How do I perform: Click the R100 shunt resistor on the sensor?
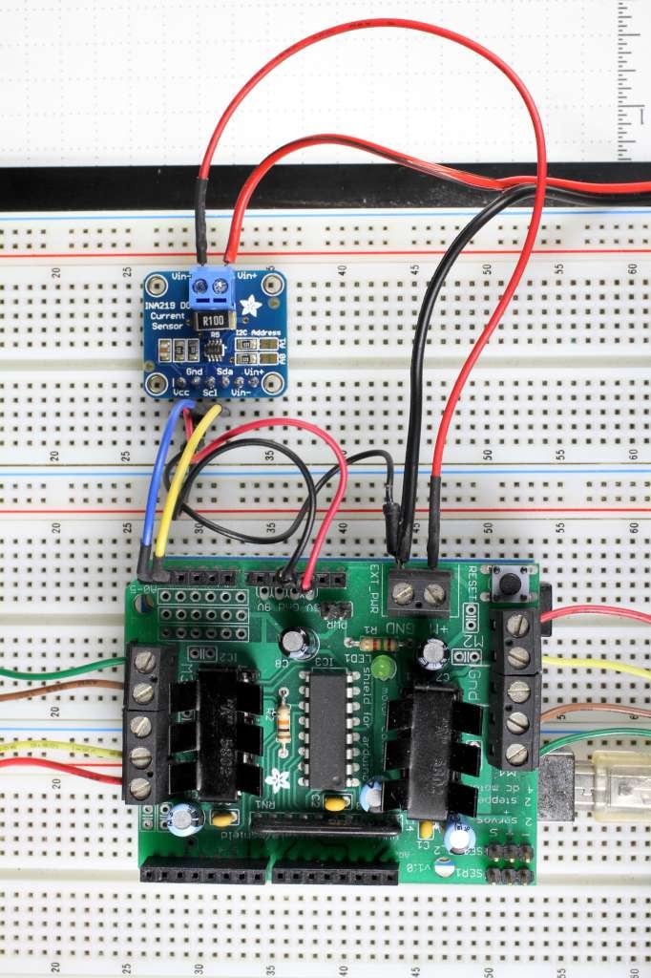click(214, 319)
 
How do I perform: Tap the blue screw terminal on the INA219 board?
click(213, 284)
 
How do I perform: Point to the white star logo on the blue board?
click(252, 305)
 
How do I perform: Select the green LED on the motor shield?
click(384, 667)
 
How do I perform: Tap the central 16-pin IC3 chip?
click(327, 730)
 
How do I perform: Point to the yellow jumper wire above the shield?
click(178, 487)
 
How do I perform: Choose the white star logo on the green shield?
click(278, 777)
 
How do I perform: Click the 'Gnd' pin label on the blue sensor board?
click(194, 371)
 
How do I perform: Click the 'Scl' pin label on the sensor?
click(210, 392)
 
